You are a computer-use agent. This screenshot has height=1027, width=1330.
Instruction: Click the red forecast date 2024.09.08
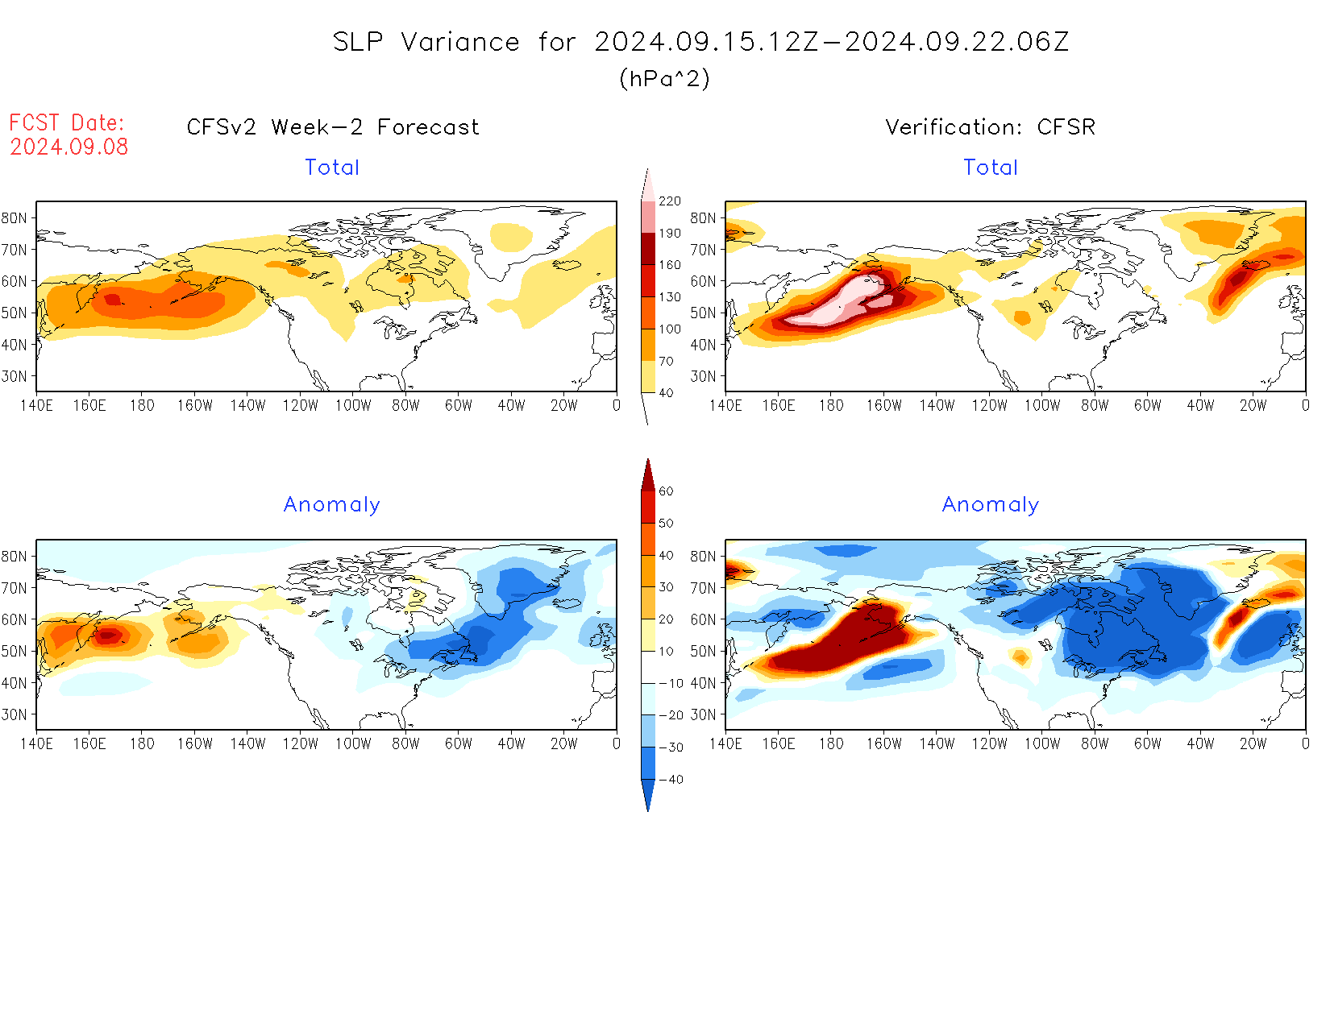tap(69, 147)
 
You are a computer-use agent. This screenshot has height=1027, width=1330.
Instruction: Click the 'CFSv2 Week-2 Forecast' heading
tap(332, 127)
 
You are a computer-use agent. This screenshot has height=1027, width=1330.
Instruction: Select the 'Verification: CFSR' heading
tap(990, 127)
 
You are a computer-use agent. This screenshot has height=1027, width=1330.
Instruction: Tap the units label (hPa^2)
tap(664, 78)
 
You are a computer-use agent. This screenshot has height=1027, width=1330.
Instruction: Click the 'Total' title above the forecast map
tap(331, 168)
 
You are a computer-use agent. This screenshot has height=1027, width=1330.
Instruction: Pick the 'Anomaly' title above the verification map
tap(990, 505)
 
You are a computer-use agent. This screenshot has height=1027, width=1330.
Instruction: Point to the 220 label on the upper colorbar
tap(669, 201)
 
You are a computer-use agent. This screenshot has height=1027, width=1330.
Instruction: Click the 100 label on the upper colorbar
tap(669, 329)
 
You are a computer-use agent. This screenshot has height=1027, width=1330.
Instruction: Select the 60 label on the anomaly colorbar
tap(666, 491)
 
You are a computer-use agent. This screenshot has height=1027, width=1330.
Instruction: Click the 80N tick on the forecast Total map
tap(15, 218)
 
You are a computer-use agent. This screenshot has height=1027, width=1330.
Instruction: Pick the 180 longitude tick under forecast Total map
tap(142, 406)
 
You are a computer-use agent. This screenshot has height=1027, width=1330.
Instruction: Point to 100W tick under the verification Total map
tap(1041, 406)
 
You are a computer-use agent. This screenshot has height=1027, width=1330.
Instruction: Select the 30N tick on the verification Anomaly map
tap(703, 714)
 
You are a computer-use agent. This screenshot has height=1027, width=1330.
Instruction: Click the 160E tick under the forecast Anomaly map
tap(89, 744)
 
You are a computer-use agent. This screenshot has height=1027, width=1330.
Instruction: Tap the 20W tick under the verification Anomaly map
tap(1253, 744)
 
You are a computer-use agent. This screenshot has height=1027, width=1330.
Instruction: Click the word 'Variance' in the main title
tap(460, 42)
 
